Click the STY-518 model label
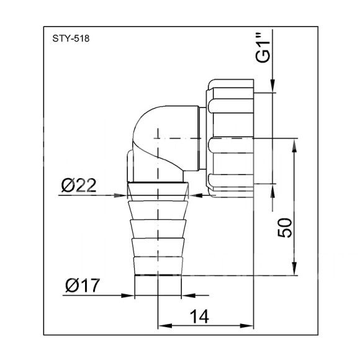tap(71, 38)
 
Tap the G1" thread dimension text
tap(263, 48)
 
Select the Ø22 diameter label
tap(79, 186)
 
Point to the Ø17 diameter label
tap(83, 286)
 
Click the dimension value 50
tap(285, 228)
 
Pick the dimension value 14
tap(199, 317)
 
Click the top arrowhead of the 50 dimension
tap(294, 146)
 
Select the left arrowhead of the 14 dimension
tap(165, 326)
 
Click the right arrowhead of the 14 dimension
tap(246, 326)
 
